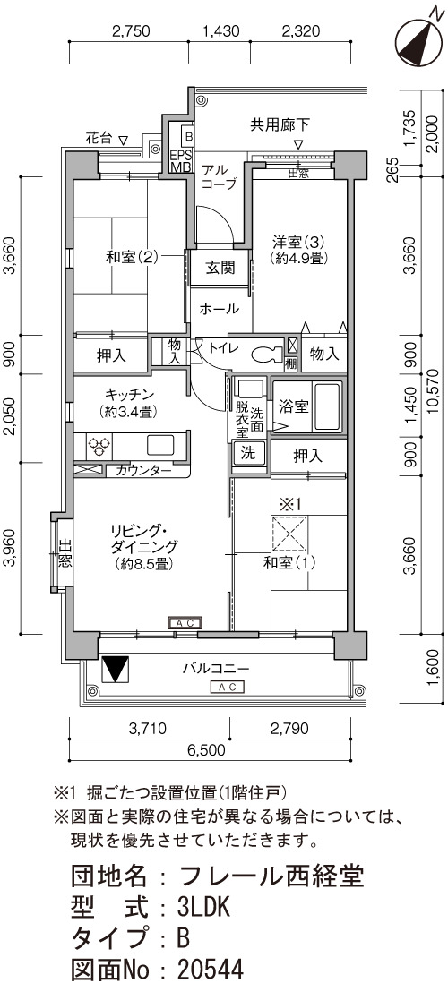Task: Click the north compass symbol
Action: (419, 38)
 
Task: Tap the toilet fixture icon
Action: (268, 355)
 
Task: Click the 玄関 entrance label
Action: (220, 268)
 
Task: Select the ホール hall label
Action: (220, 309)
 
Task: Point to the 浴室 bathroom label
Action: (293, 406)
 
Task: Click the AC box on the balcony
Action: (228, 687)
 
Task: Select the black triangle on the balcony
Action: (116, 669)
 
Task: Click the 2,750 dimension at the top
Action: (131, 32)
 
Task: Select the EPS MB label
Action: (181, 160)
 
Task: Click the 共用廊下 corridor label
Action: (272, 124)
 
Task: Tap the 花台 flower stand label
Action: (99, 137)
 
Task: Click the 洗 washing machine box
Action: (248, 454)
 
